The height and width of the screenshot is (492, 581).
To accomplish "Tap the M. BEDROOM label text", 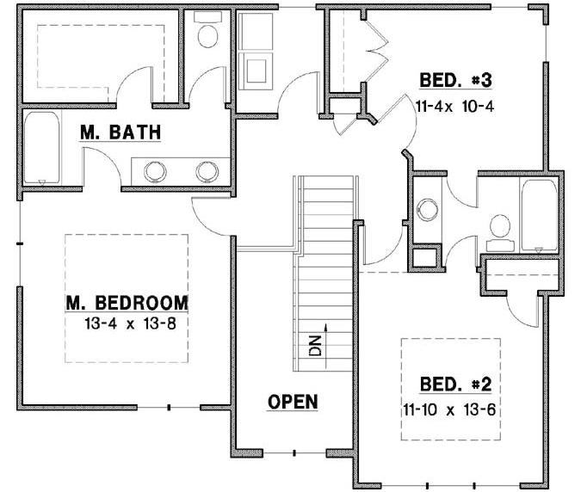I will (x=127, y=303).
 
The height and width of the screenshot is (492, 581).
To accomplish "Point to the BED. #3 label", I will (x=454, y=81).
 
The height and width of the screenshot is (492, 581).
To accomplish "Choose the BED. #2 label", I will (x=454, y=384).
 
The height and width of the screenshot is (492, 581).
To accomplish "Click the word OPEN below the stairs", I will (x=293, y=402).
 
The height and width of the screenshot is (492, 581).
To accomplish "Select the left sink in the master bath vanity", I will (x=155, y=171).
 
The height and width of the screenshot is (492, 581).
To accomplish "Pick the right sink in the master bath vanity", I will (x=207, y=171).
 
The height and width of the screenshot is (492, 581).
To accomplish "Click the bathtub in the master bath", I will (x=41, y=149).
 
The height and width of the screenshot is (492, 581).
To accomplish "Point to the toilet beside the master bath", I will (x=207, y=34).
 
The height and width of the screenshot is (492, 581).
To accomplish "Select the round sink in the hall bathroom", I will (x=427, y=209).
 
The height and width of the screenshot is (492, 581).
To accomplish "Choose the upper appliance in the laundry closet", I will (x=256, y=32).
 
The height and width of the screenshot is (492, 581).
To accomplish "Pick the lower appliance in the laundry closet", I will (x=256, y=68).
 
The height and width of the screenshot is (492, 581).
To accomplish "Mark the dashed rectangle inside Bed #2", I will (x=451, y=390).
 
